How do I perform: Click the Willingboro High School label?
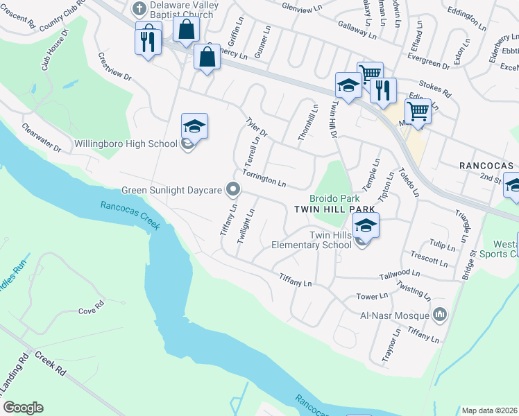(126, 144)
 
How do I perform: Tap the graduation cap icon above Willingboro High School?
(195, 125)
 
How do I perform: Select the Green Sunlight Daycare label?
(171, 189)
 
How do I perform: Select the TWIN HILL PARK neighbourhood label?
(334, 209)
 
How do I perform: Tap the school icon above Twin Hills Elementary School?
(366, 225)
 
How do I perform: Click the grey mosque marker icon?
(439, 315)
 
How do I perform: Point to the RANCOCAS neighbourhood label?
(485, 166)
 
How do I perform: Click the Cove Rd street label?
(91, 311)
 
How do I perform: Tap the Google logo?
(24, 408)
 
